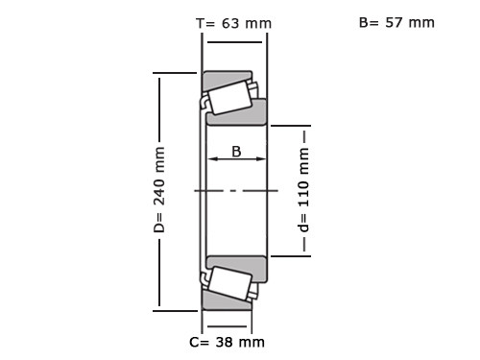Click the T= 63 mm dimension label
tap(233, 23)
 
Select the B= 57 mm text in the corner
tap(396, 22)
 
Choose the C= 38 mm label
tap(227, 342)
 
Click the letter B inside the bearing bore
tap(235, 151)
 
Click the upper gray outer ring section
tap(228, 78)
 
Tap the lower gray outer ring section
tap(228, 302)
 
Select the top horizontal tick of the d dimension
tap(290, 125)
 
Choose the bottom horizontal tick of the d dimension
tap(290, 256)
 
